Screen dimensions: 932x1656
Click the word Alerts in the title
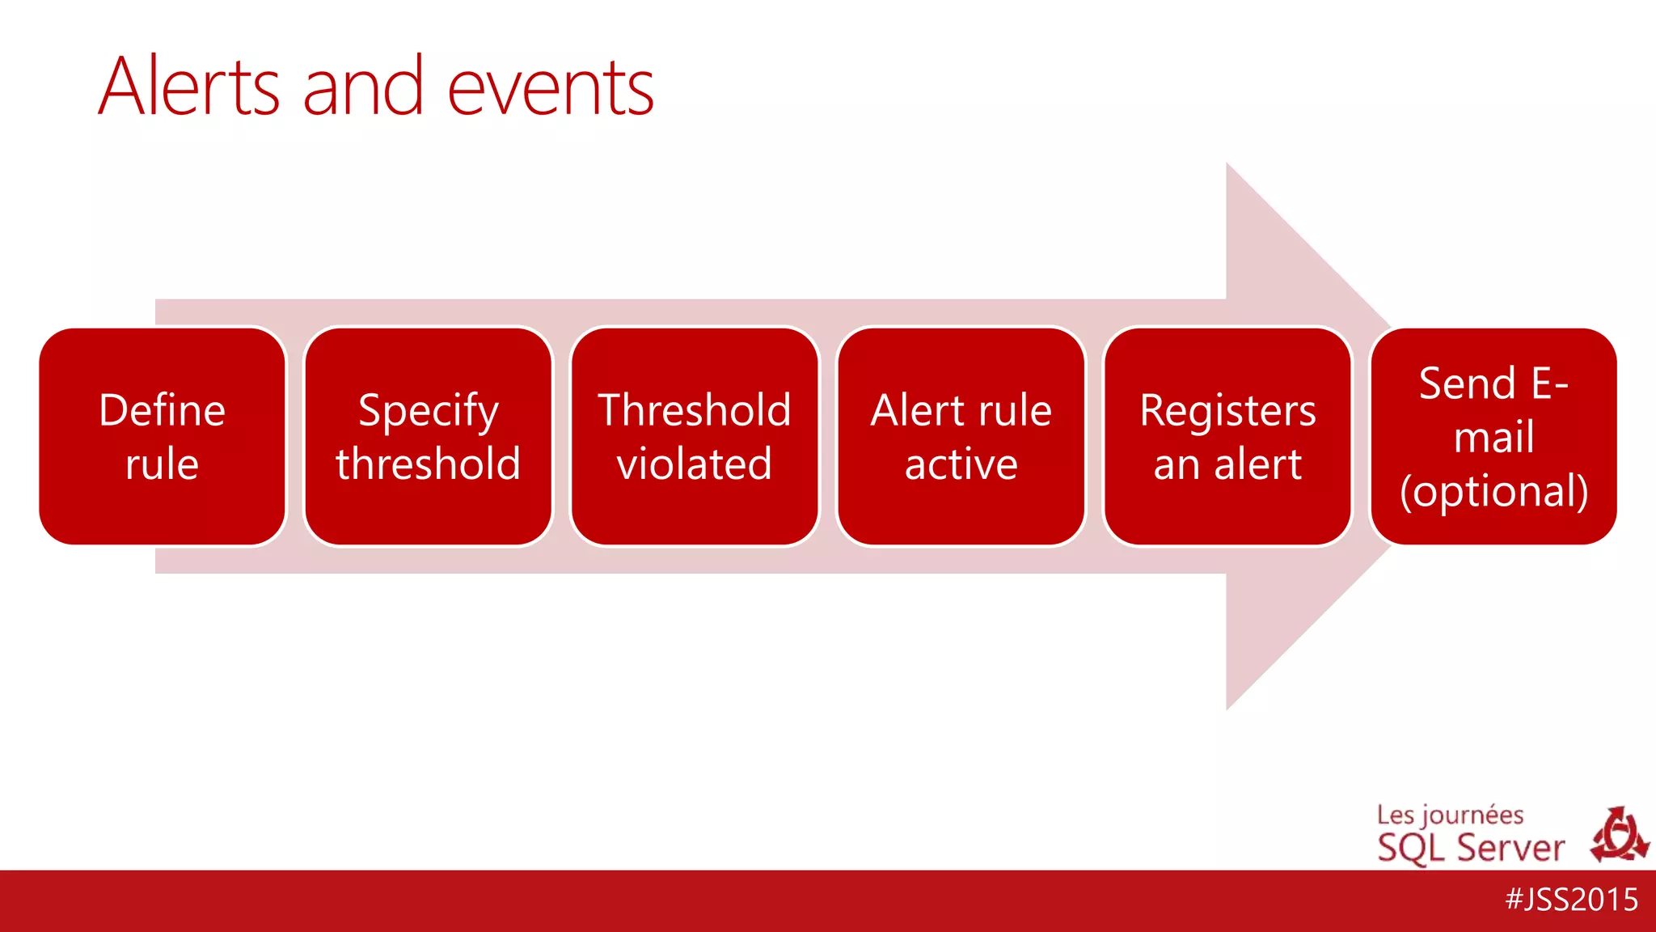[x=189, y=87]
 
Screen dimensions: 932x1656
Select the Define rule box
[x=162, y=437]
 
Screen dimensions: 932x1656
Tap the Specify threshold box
[x=428, y=437]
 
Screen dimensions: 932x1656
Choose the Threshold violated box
[x=695, y=437]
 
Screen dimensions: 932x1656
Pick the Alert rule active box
[x=961, y=437]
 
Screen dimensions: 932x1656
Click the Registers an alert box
[x=1227, y=437]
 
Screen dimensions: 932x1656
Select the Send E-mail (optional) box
[x=1493, y=437]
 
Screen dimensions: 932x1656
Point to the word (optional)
[x=1493, y=491]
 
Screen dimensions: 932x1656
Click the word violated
[x=695, y=464]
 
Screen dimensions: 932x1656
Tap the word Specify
[x=428, y=411]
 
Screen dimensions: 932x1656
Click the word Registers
[x=1227, y=411]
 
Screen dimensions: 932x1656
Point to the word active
[x=961, y=464]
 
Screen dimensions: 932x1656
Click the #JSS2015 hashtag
[x=1571, y=900]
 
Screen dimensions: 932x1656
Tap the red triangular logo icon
[x=1619, y=835]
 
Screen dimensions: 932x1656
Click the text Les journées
[x=1450, y=815]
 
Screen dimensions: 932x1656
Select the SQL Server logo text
[x=1471, y=848]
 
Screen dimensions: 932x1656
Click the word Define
[x=162, y=410]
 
